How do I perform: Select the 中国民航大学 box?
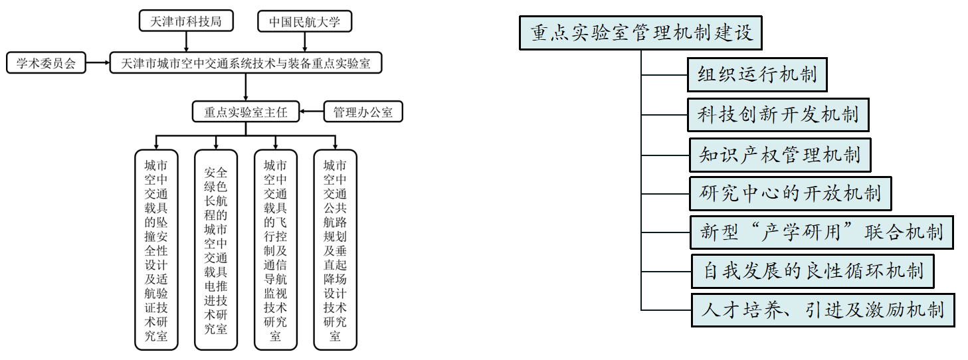pyautogui.click(x=304, y=21)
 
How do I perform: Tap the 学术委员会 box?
pyautogui.click(x=46, y=64)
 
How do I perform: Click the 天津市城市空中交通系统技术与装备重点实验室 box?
pyautogui.click(x=246, y=64)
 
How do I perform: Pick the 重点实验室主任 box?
pyautogui.click(x=245, y=112)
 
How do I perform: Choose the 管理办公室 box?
pyautogui.click(x=363, y=112)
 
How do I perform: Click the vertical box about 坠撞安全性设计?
pyautogui.click(x=156, y=250)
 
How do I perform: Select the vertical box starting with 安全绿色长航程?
pyautogui.click(x=216, y=250)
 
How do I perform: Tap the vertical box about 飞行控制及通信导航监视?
pyautogui.click(x=276, y=250)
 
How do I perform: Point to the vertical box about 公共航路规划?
pyautogui.click(x=335, y=250)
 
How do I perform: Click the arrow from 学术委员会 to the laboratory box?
pyautogui.click(x=98, y=64)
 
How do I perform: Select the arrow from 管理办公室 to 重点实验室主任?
pyautogui.click(x=311, y=112)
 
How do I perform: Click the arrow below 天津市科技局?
pyautogui.click(x=186, y=41)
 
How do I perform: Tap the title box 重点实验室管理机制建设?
pyautogui.click(x=640, y=33)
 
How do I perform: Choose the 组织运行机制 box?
pyautogui.click(x=757, y=74)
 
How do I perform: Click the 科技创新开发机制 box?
pyautogui.click(x=778, y=115)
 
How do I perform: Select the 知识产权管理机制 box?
pyautogui.click(x=779, y=155)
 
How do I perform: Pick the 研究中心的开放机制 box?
pyautogui.click(x=790, y=194)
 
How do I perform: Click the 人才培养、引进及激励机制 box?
pyautogui.click(x=823, y=310)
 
